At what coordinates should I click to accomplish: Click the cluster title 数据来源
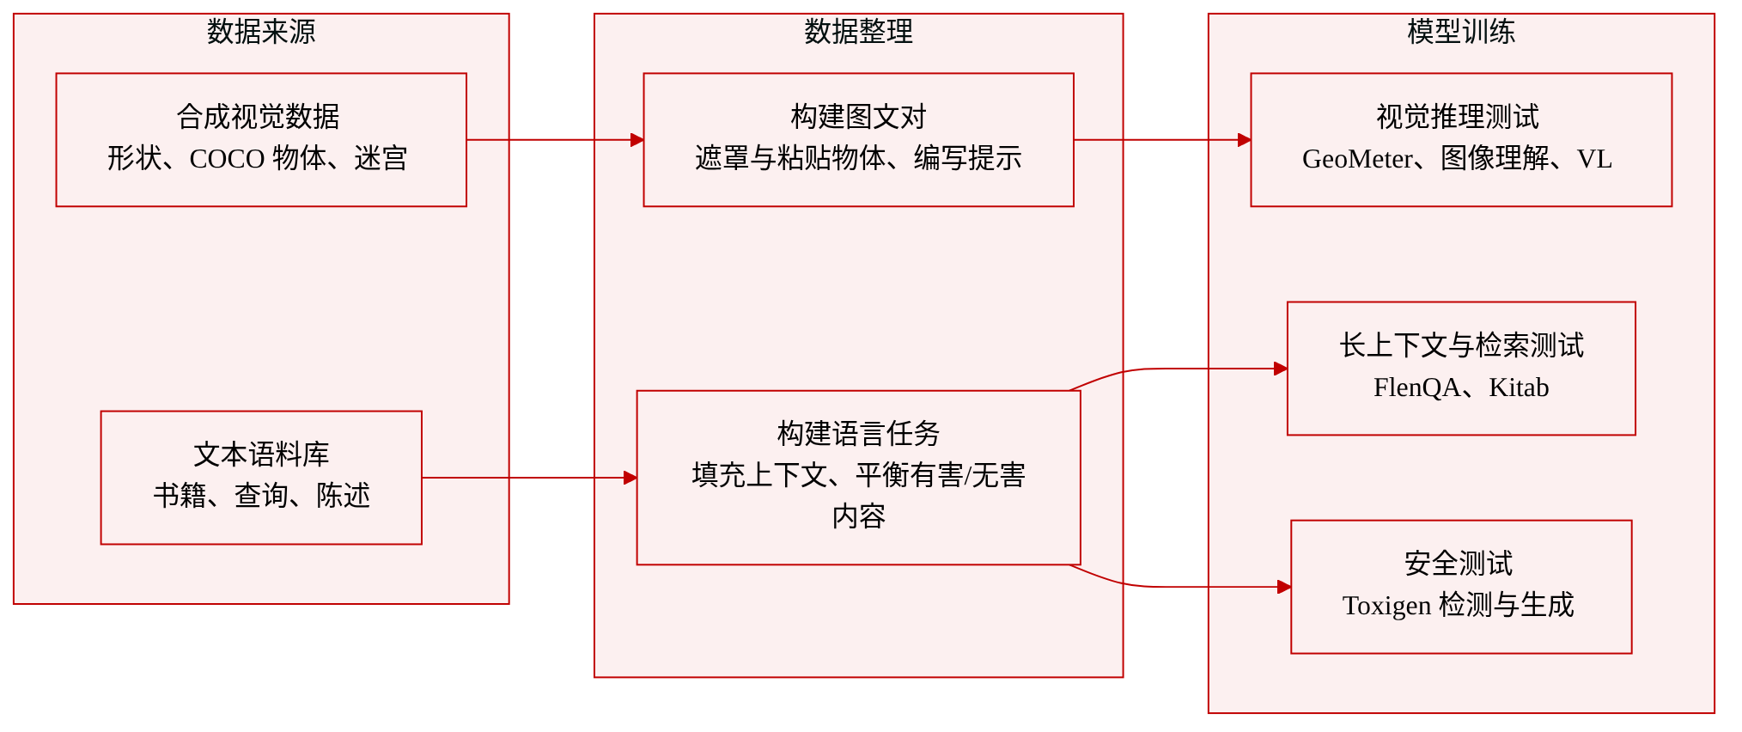pos(261,32)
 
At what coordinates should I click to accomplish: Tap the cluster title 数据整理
pos(858,32)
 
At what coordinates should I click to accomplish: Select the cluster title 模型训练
pos(1461,32)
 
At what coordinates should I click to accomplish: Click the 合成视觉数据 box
pos(261,140)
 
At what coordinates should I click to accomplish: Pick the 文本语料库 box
pos(261,478)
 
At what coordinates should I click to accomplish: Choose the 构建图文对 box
pos(858,140)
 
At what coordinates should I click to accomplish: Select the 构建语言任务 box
pos(858,478)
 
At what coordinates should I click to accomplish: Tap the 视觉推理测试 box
pos(1461,140)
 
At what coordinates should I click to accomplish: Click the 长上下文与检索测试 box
pos(1461,369)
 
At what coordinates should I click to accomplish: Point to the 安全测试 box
pos(1461,587)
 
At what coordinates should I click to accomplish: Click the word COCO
pos(227,159)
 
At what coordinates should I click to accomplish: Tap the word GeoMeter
pos(1357,159)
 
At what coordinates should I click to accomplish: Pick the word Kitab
pos(1519,387)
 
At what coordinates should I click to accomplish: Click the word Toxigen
pos(1386,606)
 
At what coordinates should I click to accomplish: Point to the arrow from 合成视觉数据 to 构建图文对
pos(555,140)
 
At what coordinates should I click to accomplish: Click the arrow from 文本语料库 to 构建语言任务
pos(529,478)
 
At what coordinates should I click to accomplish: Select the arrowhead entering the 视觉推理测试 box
pos(1245,140)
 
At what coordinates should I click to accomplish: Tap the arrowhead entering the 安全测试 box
pos(1285,587)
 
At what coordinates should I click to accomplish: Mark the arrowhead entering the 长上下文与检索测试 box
pos(1281,369)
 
